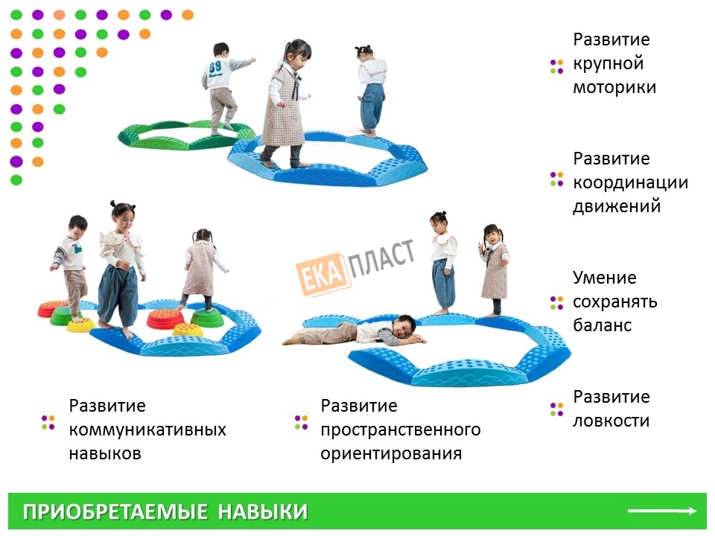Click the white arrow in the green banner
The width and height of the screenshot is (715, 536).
point(662,511)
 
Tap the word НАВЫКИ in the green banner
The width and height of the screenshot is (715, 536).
point(263,512)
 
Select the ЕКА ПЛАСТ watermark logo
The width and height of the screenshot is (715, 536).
point(355,267)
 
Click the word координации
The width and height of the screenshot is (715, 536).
point(630,182)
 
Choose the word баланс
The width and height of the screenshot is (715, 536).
point(602,325)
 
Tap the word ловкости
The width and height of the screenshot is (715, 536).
point(611,421)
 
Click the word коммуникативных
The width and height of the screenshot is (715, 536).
point(147,430)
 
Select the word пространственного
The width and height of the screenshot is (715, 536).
point(401,430)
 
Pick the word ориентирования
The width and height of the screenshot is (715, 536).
point(391,453)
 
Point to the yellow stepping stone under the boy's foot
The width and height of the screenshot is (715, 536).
point(80,324)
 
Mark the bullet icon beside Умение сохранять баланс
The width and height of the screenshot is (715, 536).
point(557,303)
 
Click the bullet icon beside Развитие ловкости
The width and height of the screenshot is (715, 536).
point(557,409)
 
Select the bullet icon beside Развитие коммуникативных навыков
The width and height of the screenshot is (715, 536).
point(48,422)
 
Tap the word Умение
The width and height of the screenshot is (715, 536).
point(604,278)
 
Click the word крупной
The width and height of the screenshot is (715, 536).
point(608,63)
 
